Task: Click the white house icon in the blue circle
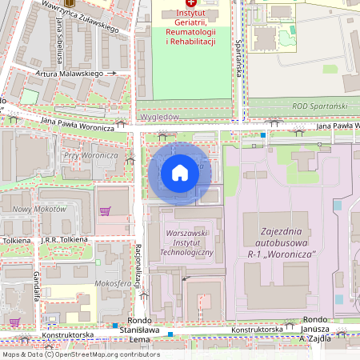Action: (180, 173)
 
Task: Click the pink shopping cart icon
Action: (104, 210)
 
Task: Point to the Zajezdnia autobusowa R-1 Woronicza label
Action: (283, 242)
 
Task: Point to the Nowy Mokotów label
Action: (39, 209)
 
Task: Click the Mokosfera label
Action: (112, 283)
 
